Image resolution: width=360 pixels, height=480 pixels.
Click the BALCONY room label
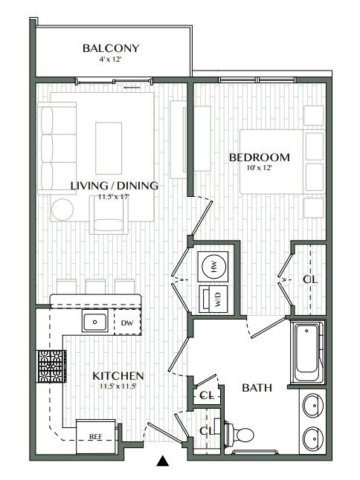(x=111, y=49)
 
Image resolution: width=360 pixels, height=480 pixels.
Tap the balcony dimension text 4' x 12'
(x=111, y=60)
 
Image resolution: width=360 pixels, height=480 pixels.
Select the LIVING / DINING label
(x=114, y=186)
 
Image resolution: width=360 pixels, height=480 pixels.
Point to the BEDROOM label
(x=259, y=158)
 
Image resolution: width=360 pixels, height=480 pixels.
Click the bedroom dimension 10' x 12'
(x=259, y=169)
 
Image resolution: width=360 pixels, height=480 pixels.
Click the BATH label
(x=257, y=388)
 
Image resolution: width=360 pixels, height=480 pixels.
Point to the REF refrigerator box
(x=95, y=437)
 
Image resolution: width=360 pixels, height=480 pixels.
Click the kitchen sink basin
(x=95, y=322)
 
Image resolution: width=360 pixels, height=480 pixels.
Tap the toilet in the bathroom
(x=241, y=434)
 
